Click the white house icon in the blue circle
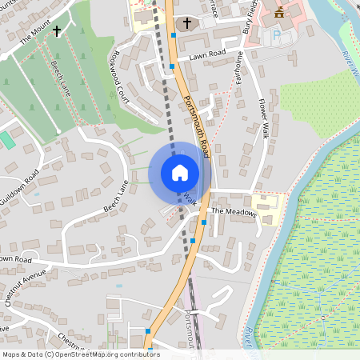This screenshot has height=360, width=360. pyautogui.click(x=179, y=172)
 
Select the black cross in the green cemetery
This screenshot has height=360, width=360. pyautogui.click(x=57, y=31)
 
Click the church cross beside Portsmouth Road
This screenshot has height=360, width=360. pyautogui.click(x=188, y=23)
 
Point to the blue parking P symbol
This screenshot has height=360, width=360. pyautogui.click(x=277, y=36)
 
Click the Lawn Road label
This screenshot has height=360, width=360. pyautogui.click(x=207, y=55)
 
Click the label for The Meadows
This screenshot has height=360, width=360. pyautogui.click(x=234, y=212)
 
